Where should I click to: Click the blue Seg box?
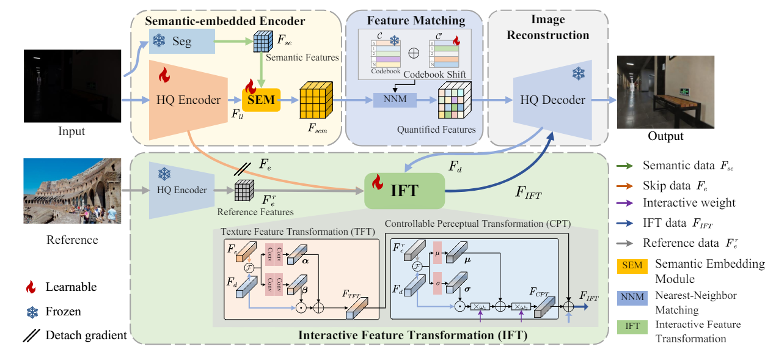[x=181, y=41]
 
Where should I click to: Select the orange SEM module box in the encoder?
[x=261, y=100]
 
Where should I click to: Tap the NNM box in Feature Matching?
[x=394, y=100]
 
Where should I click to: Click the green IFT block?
[x=404, y=191]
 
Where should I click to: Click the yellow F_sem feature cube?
[x=315, y=100]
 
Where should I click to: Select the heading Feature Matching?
[x=416, y=21]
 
